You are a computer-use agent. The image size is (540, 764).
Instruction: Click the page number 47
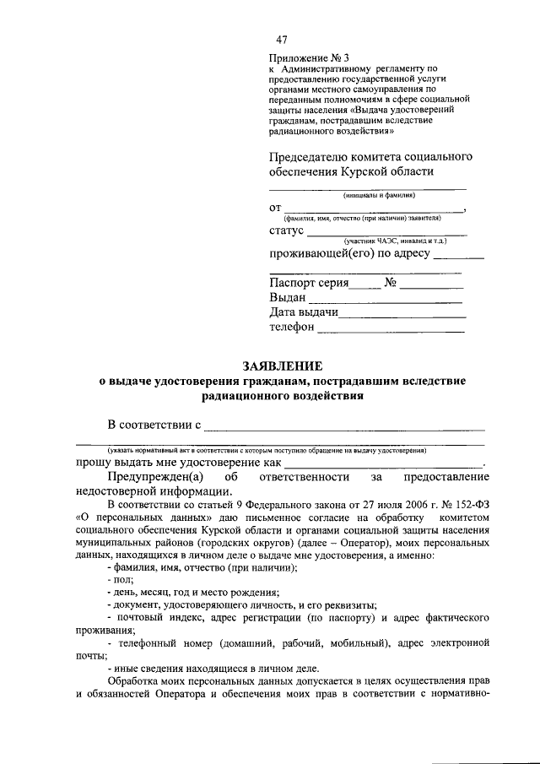[282, 41]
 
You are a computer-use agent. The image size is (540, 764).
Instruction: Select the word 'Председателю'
[305, 157]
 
